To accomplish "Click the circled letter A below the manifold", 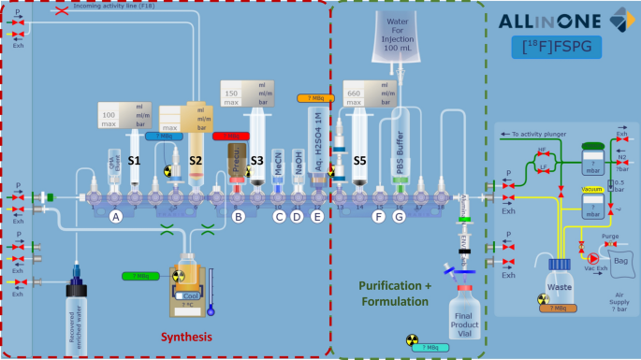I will (x=116, y=217).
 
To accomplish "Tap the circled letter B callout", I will (x=239, y=217).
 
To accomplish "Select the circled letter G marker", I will (x=399, y=217).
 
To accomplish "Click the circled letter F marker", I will (x=378, y=217).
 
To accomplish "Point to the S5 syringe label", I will (x=359, y=161).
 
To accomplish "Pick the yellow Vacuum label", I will (x=591, y=188).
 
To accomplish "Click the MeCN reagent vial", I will (x=278, y=161).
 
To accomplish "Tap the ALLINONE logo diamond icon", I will (x=619, y=19).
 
